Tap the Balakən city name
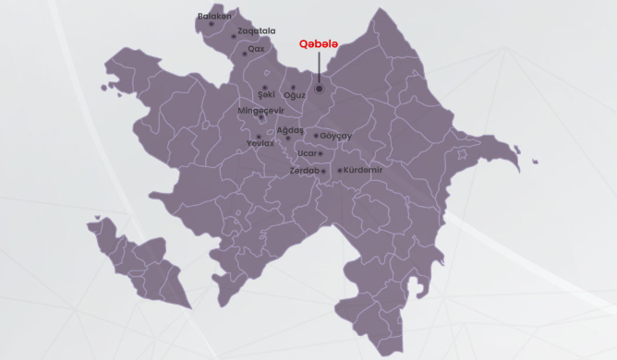coord(215,16)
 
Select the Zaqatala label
coord(257,30)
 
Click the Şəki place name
coord(266,95)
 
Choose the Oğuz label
coord(295,95)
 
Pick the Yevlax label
coord(261,144)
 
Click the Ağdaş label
coord(290,130)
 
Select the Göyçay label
coord(337,136)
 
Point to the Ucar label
coord(308,152)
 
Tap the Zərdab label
coord(304,171)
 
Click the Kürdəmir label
coord(363,170)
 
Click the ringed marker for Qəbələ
coord(319,90)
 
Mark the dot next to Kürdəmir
coord(340,171)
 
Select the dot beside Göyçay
coord(316,136)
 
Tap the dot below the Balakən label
coord(212,25)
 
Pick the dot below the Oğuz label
coord(294,88)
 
